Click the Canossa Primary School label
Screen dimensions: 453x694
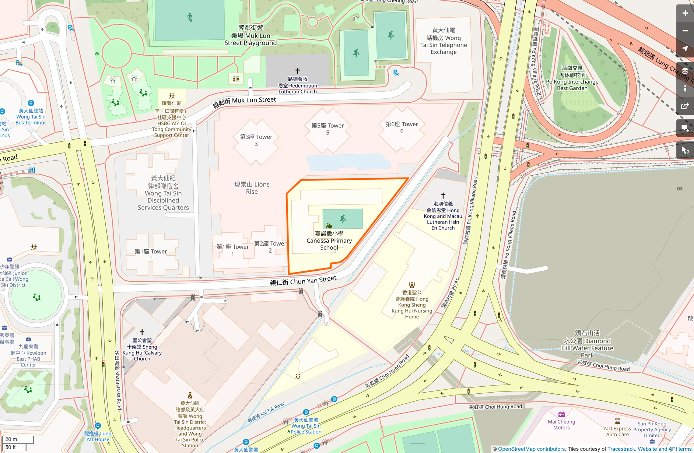click(x=329, y=241)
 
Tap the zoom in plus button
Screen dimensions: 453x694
click(x=685, y=13)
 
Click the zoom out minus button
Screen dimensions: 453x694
click(x=685, y=31)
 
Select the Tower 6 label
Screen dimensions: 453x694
click(x=402, y=127)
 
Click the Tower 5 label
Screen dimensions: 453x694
click(x=327, y=129)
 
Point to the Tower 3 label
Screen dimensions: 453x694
click(x=256, y=140)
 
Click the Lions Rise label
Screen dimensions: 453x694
click(x=252, y=188)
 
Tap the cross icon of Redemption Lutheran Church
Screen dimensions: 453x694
click(x=298, y=71)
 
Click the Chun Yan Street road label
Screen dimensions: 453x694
click(x=303, y=281)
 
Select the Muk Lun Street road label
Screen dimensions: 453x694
click(x=244, y=102)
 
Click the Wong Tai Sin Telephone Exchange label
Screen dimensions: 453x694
click(x=444, y=41)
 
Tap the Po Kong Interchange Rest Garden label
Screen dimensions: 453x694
click(x=572, y=78)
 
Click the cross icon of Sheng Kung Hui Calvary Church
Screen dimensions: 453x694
click(x=142, y=332)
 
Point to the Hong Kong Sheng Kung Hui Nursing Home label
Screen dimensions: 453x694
click(x=412, y=305)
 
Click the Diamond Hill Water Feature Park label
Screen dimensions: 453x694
click(x=587, y=344)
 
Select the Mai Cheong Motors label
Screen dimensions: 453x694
click(x=561, y=425)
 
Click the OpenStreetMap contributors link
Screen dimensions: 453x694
click(x=531, y=449)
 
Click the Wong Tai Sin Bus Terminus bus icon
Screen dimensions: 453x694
click(x=31, y=103)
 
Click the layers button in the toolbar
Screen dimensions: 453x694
click(x=685, y=71)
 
